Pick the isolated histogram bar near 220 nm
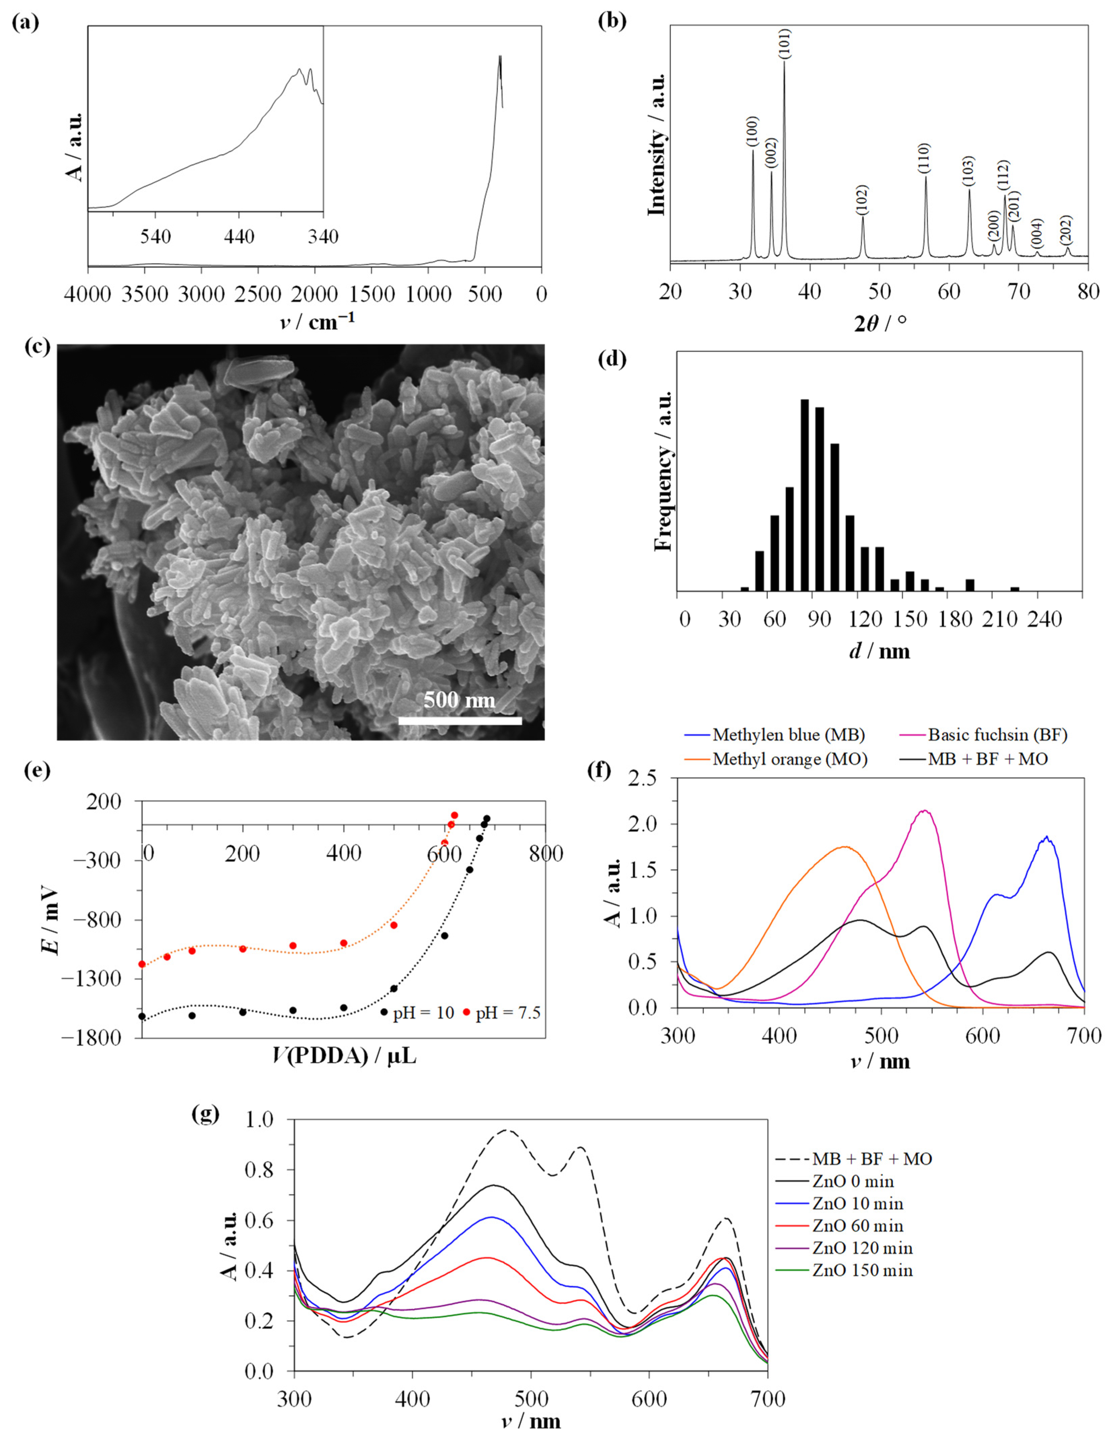[1015, 588]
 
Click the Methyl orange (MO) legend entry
[790, 759]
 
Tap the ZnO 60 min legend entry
[858, 1226]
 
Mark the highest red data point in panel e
[455, 815]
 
